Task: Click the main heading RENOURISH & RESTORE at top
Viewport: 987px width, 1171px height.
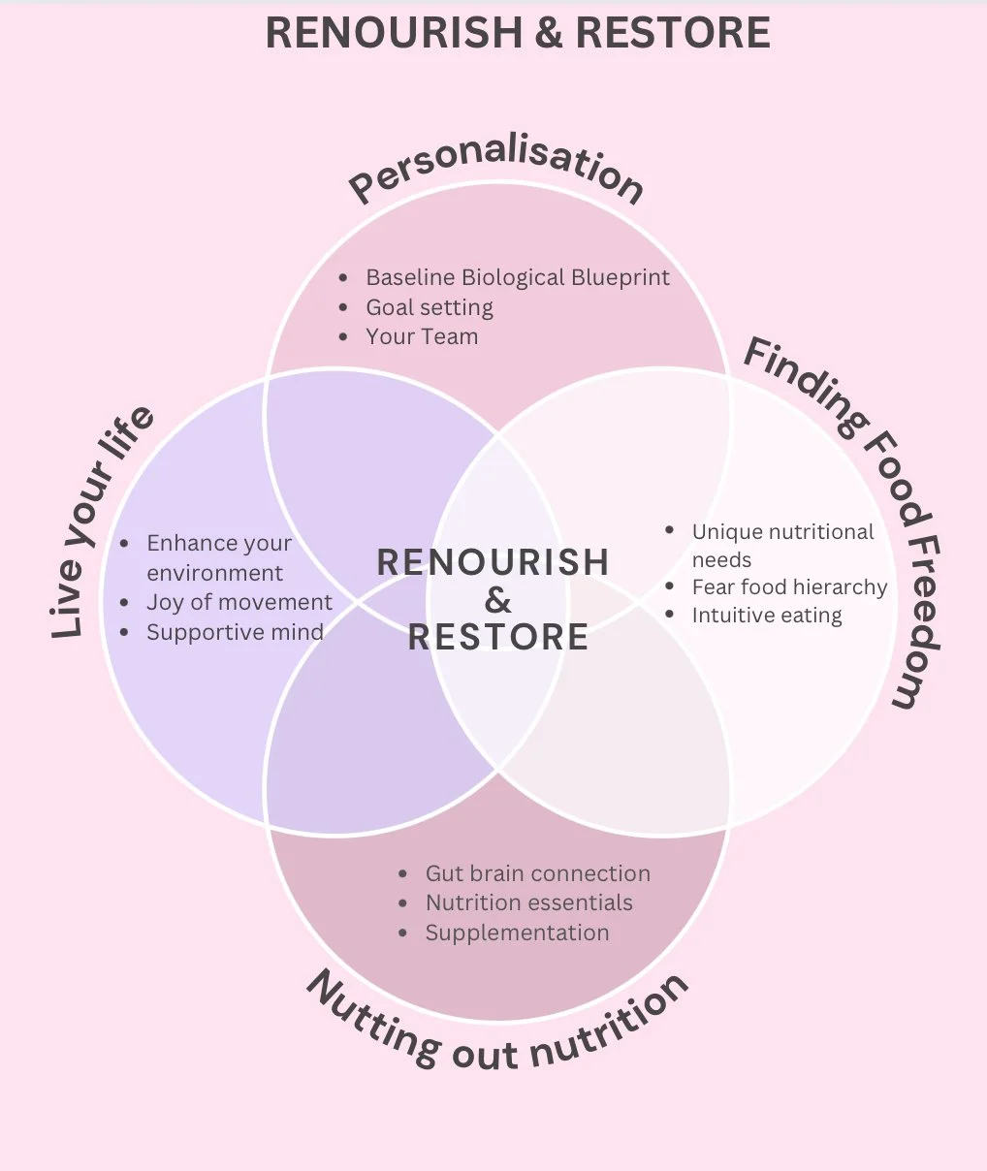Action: point(518,33)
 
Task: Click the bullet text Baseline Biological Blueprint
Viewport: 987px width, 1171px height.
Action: point(517,277)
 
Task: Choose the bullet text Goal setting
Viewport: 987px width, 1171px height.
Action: point(429,307)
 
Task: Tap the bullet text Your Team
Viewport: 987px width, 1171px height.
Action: point(422,336)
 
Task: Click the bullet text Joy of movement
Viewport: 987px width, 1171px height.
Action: point(239,602)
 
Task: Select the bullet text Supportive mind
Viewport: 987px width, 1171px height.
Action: point(235,632)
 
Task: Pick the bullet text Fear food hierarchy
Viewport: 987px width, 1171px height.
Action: point(789,586)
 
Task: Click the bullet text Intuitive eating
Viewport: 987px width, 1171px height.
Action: point(766,616)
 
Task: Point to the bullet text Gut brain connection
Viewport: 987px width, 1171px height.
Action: point(537,873)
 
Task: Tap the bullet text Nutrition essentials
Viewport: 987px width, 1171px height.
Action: point(528,902)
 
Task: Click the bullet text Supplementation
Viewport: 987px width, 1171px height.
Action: point(517,933)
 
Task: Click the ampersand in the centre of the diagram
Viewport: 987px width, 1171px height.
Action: point(497,600)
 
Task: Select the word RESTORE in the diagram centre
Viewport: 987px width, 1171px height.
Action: point(497,637)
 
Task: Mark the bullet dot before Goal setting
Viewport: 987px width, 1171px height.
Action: point(344,307)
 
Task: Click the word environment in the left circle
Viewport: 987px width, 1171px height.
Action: point(214,573)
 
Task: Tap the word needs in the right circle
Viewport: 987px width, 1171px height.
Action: point(721,559)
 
